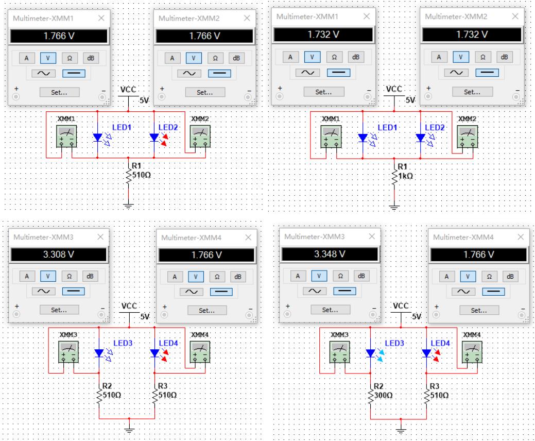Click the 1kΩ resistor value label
(x=405, y=176)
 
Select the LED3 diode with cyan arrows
(x=370, y=353)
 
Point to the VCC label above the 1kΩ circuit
(x=394, y=88)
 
